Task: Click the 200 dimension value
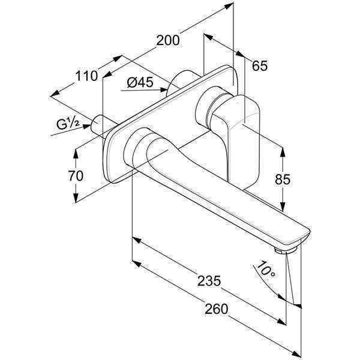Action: (x=168, y=40)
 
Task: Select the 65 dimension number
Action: (x=260, y=65)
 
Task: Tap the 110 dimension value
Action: (x=86, y=76)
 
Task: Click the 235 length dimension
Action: (x=209, y=280)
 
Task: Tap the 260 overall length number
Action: (x=215, y=308)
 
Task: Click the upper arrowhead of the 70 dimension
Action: (x=76, y=151)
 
